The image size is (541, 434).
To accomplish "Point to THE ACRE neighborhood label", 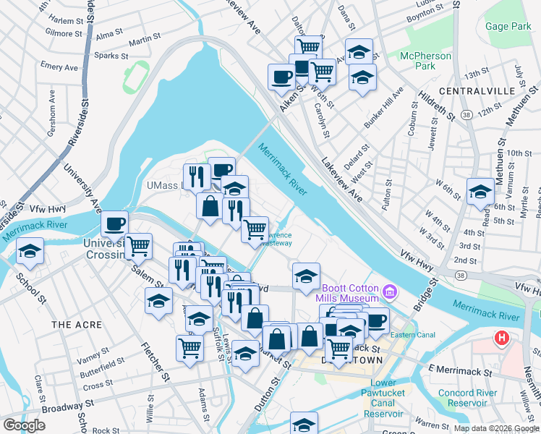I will (75, 325).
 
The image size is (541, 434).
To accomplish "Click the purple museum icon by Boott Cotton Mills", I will (390, 292).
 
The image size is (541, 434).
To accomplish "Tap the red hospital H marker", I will (500, 338).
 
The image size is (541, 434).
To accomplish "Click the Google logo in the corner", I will (24, 425).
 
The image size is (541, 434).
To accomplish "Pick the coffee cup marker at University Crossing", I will (114, 224).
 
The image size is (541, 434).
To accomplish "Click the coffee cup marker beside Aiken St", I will (281, 77).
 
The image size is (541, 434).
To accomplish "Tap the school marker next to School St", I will (30, 251).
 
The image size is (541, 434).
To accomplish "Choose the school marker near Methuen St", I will (480, 192).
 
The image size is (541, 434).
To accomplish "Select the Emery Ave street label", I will (59, 67).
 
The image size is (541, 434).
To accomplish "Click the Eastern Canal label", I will (412, 335).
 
